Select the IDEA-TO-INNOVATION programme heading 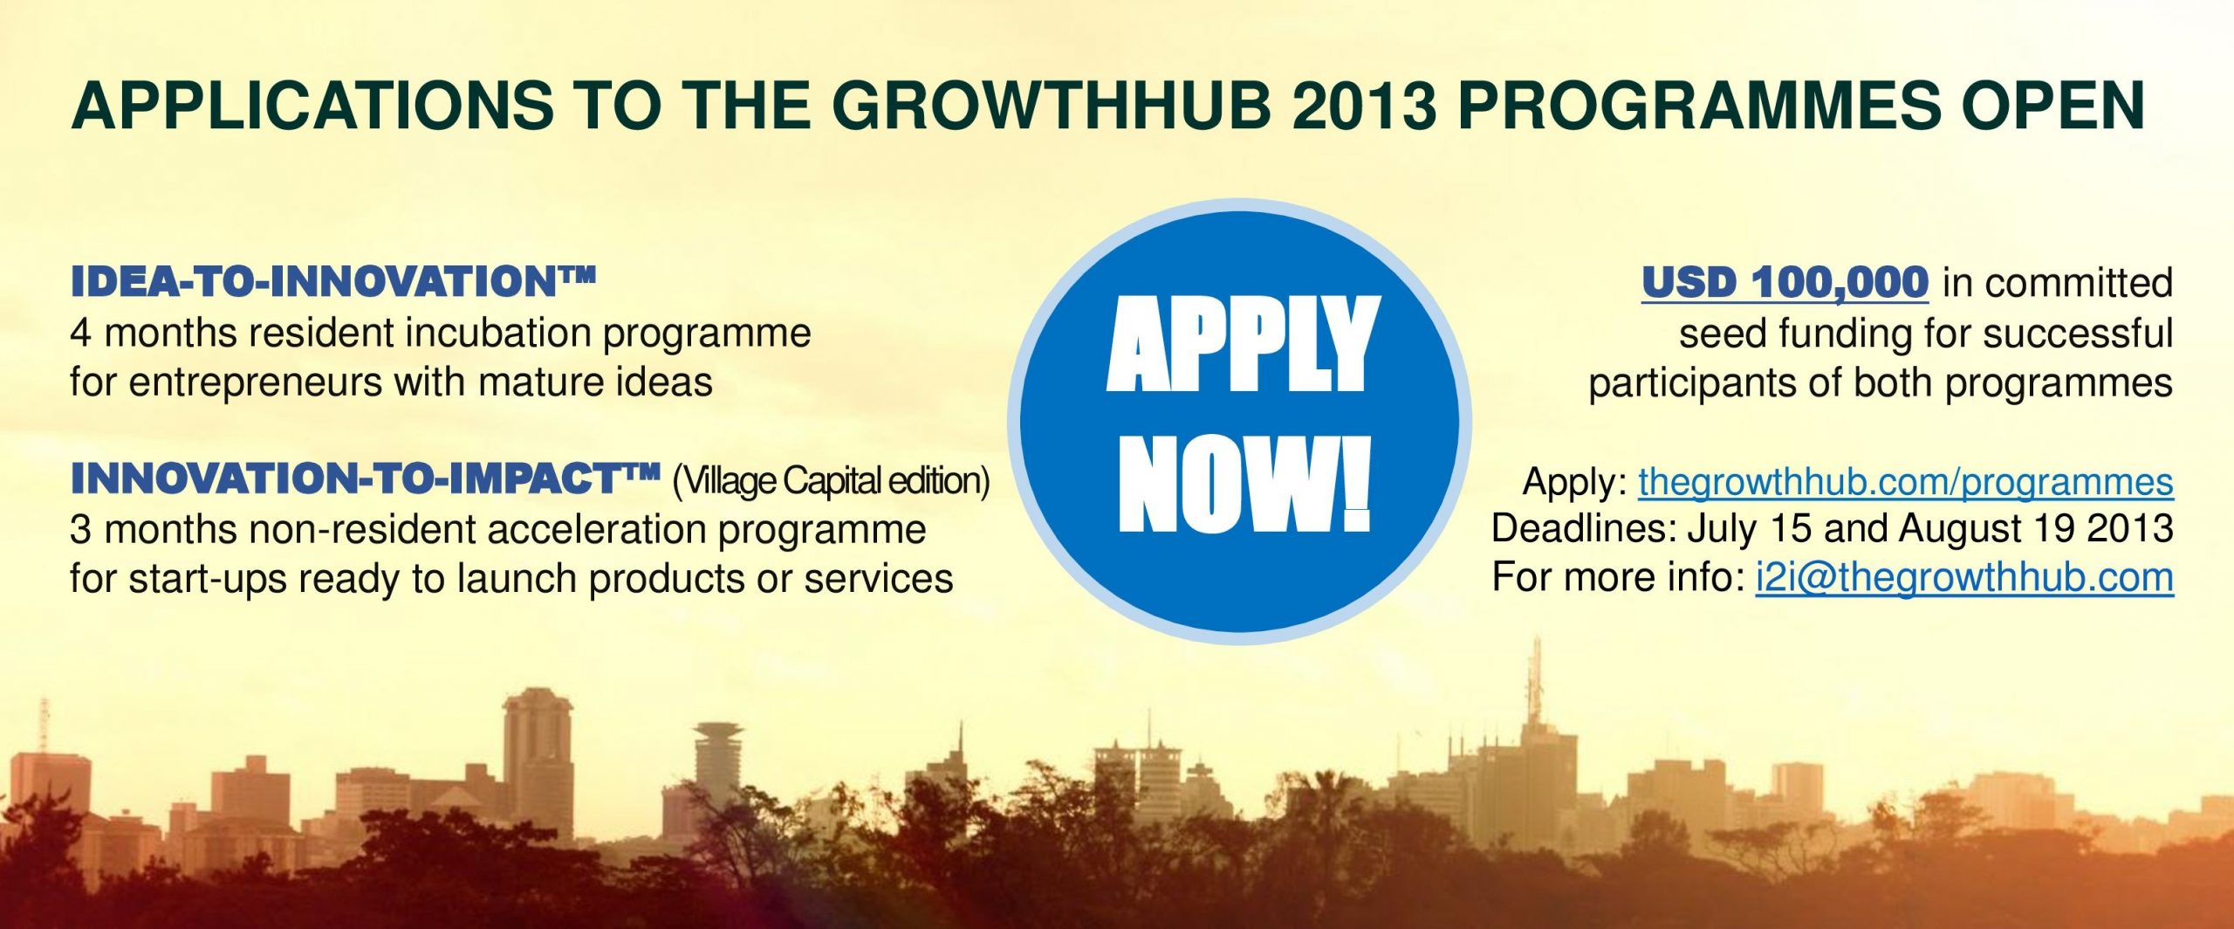[x=333, y=281]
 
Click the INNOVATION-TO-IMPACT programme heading [x=365, y=478]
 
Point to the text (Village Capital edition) [x=831, y=481]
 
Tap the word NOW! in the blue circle [x=1244, y=484]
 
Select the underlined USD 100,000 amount [x=1785, y=283]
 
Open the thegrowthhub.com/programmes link [x=1906, y=483]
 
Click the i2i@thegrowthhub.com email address [x=1964, y=578]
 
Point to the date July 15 [x=1749, y=529]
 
